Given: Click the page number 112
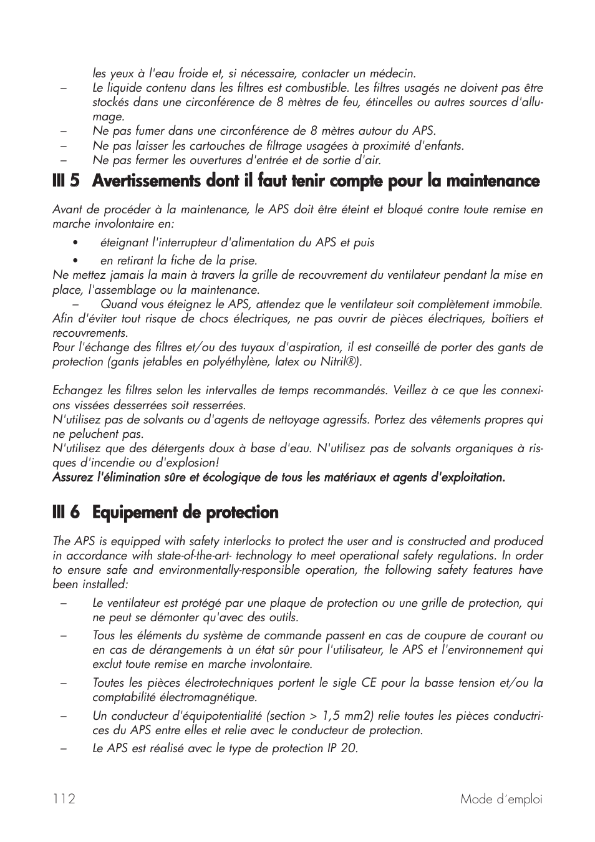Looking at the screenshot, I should point(64,799).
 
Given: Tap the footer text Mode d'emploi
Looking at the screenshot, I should point(501,799).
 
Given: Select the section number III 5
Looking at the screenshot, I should point(66,181).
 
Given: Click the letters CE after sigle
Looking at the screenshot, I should point(368,683).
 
